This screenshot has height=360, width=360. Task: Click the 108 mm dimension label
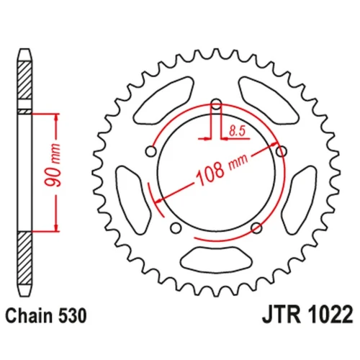(222, 169)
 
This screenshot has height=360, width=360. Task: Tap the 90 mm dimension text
(53, 165)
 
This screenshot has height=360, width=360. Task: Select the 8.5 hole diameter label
(237, 131)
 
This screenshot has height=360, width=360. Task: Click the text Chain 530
(46, 315)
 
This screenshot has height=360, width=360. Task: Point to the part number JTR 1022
(307, 315)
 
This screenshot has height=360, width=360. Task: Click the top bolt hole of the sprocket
(217, 104)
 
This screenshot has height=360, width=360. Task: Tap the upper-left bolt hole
(151, 151)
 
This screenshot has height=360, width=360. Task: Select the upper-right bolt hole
(282, 151)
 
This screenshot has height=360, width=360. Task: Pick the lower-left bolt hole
(176, 228)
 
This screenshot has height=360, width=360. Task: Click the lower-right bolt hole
(256, 228)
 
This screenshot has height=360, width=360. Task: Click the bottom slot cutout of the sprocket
(216, 260)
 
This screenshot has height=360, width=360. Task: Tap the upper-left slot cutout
(164, 100)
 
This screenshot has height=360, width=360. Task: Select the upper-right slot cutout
(269, 100)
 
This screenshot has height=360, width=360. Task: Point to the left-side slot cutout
(133, 200)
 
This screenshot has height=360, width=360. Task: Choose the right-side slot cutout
(299, 200)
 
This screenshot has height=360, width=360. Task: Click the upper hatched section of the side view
(24, 80)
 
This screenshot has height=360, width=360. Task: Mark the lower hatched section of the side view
(24, 258)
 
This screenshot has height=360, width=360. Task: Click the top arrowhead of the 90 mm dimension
(56, 117)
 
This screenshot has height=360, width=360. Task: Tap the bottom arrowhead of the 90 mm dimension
(56, 228)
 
